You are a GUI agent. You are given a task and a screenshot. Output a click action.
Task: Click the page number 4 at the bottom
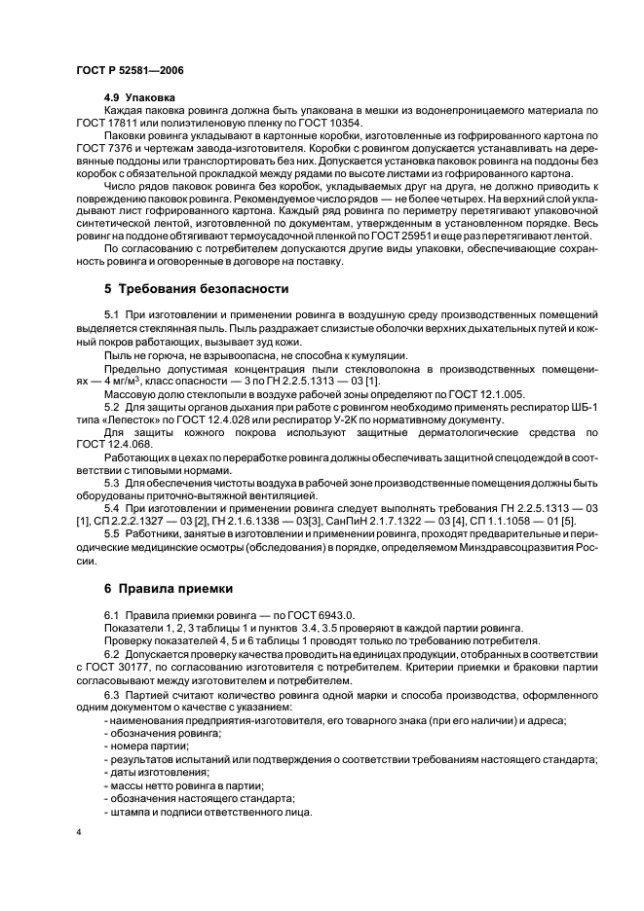coord(79,833)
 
